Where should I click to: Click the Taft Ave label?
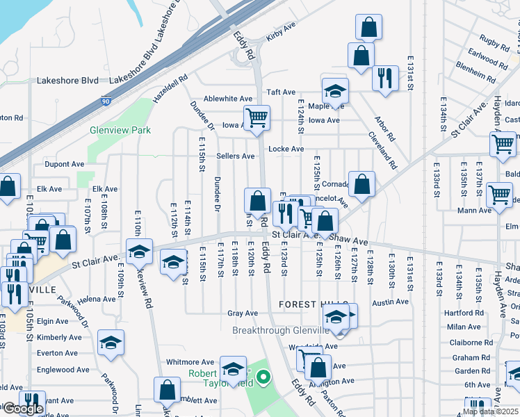pos(282,92)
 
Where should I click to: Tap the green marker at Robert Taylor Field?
pos(263,379)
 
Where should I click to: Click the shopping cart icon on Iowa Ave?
pos(257,118)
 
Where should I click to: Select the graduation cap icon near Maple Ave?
pos(335,92)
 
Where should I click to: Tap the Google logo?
pos(22,409)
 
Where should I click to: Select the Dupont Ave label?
pos(65,165)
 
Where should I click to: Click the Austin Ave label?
pos(390,302)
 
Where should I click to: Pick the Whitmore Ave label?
pos(190,362)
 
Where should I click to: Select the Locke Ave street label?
pos(286,149)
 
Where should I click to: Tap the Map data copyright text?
pos(490,411)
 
